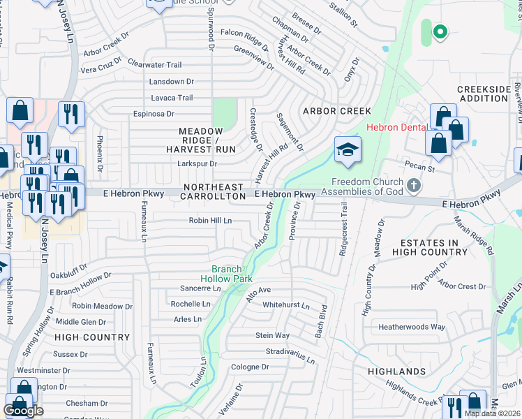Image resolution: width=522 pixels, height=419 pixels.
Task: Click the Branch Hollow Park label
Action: tap(226, 274)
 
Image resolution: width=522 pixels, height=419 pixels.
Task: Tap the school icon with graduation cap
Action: tap(348, 150)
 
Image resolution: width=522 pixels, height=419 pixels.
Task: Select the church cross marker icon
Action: tap(414, 186)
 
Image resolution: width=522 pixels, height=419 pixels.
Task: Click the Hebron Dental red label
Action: tap(396, 128)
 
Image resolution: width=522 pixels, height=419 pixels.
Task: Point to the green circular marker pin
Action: tap(440, 31)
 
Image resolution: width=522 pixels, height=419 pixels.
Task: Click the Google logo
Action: tap(24, 411)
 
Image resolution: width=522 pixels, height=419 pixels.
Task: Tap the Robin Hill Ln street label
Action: tap(210, 221)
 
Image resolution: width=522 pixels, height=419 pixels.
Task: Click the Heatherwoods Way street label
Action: tap(412, 327)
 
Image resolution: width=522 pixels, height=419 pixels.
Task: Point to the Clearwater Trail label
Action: tap(155, 65)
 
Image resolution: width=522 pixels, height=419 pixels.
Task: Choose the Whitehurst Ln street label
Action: tap(285, 305)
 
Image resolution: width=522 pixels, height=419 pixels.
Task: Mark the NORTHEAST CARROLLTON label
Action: tap(214, 192)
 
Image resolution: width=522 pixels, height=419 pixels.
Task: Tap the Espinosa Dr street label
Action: tap(154, 114)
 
